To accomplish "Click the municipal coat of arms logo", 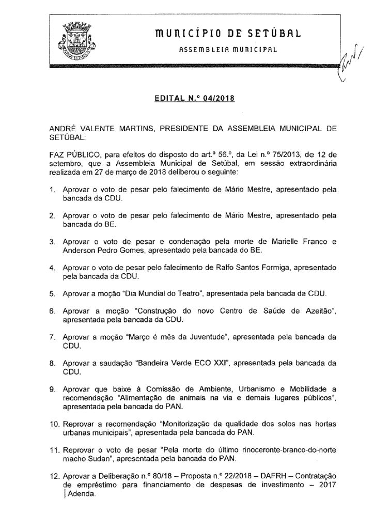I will [x=77, y=40].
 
